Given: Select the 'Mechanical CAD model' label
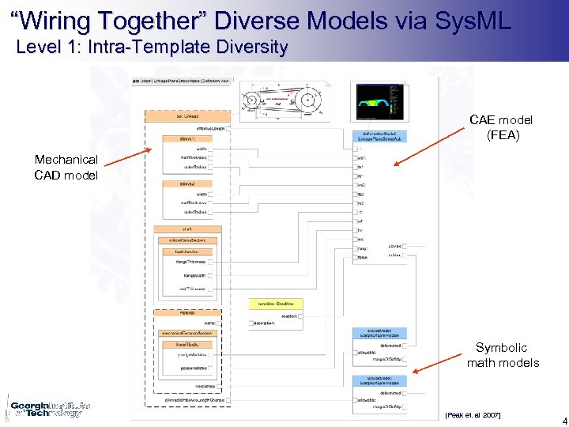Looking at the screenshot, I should [66, 167].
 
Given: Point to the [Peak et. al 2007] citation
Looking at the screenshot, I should [472, 415].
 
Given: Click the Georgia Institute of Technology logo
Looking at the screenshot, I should [46, 408].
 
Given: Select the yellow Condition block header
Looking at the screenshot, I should [277, 303].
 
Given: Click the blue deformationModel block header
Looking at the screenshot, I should [379, 137].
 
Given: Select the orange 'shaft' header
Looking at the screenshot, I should [175, 229].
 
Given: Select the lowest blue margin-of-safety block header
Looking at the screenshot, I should [379, 380].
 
